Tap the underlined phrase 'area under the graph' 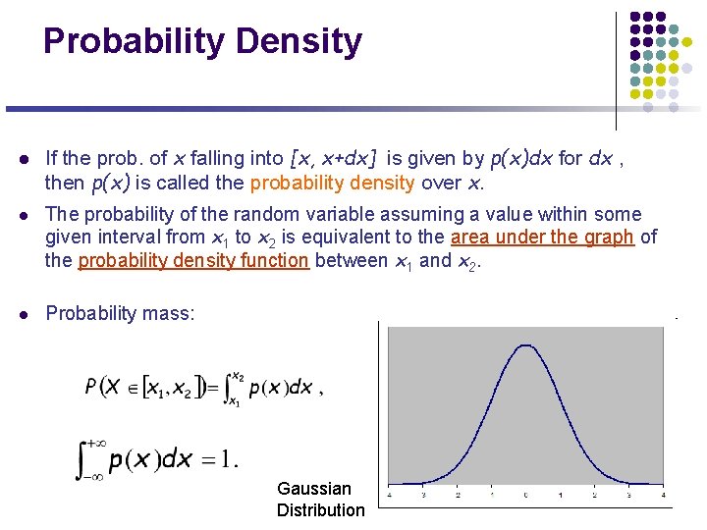coord(542,237)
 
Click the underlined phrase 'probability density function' coord(193,260)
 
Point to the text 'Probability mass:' coord(120,313)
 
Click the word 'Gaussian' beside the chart coord(313,488)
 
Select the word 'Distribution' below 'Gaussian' coord(320,509)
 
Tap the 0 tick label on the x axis coord(526,496)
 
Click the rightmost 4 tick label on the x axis coord(664,496)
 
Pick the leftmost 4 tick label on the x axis coord(390,496)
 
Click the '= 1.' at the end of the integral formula coord(218,459)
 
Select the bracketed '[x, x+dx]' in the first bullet coord(334,158)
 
